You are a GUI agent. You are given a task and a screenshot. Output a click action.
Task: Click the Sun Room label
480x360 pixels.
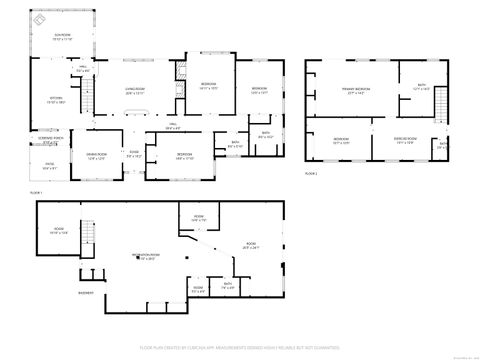click(62, 38)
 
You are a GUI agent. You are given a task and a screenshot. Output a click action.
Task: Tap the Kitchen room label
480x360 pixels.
click(41, 99)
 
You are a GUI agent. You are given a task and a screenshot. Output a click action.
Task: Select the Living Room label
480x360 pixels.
click(136, 89)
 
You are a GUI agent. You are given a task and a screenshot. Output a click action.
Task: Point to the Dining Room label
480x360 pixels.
click(97, 156)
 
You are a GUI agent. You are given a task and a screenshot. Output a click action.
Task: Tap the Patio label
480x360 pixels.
click(50, 166)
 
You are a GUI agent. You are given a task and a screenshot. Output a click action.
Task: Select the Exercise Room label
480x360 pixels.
click(406, 141)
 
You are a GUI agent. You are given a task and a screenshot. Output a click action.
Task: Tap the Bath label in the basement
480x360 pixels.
click(228, 287)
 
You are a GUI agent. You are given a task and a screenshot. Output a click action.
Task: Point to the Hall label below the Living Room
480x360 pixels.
click(172, 126)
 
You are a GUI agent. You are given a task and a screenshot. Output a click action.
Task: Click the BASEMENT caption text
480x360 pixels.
click(86, 293)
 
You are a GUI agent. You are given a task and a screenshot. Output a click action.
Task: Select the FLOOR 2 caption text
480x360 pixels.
click(311, 174)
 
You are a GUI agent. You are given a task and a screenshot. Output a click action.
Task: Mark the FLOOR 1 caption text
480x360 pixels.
click(36, 192)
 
